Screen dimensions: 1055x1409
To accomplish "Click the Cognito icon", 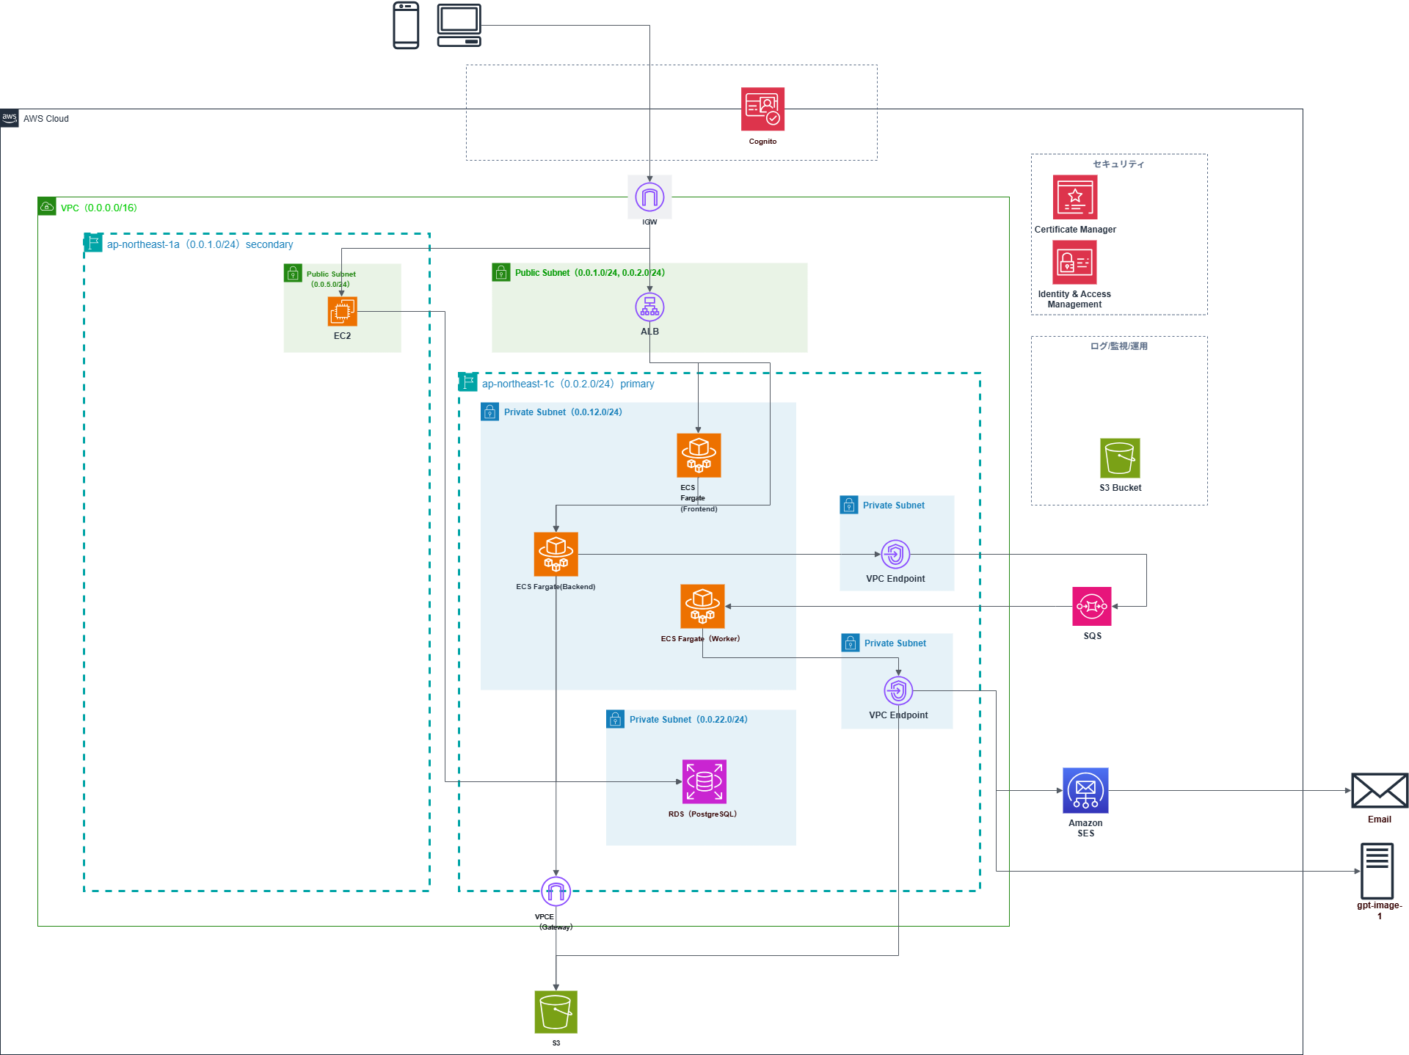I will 762,109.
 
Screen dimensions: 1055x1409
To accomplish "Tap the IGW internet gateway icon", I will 649,197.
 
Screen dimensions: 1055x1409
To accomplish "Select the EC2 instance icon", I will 342,311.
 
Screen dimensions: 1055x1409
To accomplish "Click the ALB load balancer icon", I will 649,307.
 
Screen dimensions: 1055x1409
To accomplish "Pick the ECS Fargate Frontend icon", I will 699,455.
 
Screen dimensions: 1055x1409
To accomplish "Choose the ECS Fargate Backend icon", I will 556,554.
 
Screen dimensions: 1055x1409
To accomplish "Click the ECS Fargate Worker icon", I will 702,606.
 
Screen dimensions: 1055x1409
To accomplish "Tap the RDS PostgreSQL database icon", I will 704,781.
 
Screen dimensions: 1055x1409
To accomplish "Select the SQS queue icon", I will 1091,606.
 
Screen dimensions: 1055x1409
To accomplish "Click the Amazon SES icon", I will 1085,790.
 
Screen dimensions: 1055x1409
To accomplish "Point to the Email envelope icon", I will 1379,791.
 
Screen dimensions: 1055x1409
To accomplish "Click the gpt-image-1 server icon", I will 1377,871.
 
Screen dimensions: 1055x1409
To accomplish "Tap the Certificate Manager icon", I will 1075,197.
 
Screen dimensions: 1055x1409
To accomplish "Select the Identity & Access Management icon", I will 1074,262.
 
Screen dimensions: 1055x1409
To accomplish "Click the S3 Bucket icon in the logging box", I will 1120,458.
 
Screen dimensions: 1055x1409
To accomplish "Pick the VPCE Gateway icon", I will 556,891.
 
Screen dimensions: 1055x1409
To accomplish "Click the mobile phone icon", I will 406,26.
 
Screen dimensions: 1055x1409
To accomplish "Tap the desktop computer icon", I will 459,26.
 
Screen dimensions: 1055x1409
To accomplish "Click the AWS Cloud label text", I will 45,119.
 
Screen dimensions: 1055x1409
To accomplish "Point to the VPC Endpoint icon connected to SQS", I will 895,554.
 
